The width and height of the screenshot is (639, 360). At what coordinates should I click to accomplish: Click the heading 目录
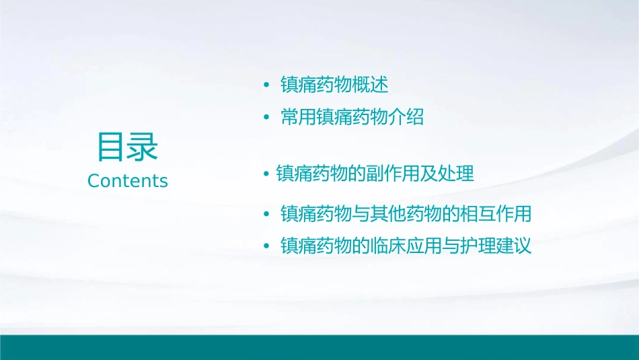(x=127, y=147)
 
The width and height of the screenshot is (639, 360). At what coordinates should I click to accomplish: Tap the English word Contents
(x=128, y=181)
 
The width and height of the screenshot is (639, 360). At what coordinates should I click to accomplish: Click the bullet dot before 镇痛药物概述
(x=266, y=85)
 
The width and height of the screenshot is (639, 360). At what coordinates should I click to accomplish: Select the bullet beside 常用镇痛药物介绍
(x=266, y=118)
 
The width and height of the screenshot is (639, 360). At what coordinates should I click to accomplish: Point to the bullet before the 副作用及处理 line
(x=266, y=174)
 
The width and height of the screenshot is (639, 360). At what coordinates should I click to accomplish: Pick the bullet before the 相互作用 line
(x=266, y=215)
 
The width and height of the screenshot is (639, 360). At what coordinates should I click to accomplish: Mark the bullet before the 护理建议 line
(x=266, y=246)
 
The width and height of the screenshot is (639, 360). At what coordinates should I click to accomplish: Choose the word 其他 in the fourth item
(x=406, y=215)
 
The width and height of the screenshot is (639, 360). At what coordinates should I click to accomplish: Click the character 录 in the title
(x=143, y=147)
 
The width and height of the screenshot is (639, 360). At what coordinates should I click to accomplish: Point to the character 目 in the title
(x=112, y=147)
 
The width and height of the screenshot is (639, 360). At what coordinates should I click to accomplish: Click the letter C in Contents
(x=93, y=181)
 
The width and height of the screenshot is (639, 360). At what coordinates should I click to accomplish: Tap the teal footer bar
(x=319, y=347)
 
